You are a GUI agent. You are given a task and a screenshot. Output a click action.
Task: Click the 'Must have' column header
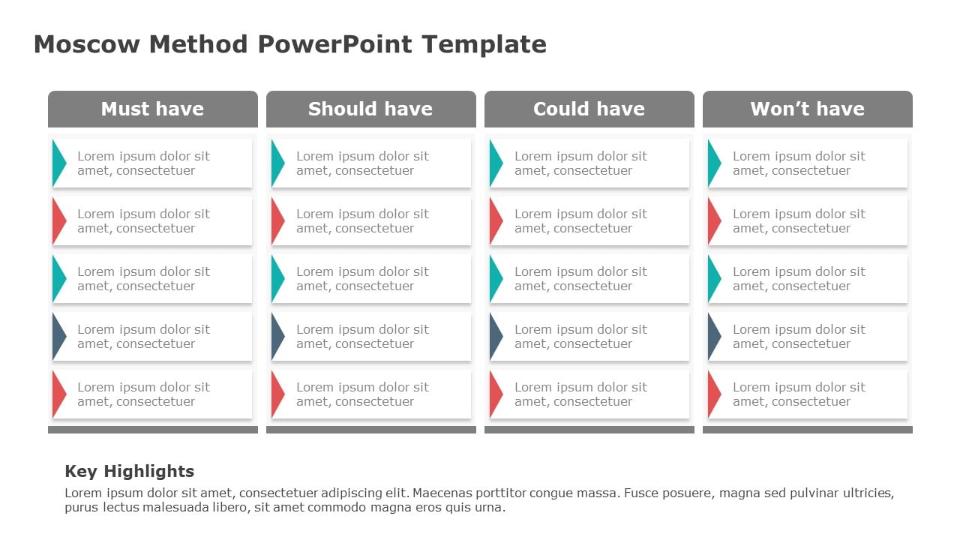coord(152,109)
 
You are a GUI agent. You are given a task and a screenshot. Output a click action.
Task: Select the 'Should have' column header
coord(370,109)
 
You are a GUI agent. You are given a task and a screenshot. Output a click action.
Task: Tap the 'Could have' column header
coord(589,109)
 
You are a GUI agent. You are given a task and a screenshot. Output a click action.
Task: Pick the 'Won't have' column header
coord(807,109)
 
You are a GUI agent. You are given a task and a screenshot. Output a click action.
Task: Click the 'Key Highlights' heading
coord(129,471)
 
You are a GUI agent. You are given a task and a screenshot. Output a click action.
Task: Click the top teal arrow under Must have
coord(58,163)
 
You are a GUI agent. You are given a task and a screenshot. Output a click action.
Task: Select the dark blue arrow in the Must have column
coord(58,336)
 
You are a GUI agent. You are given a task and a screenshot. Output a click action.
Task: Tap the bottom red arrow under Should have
coord(277,394)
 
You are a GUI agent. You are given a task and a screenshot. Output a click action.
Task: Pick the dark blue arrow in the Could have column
coord(495,336)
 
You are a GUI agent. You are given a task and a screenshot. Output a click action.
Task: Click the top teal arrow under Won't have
coord(713,163)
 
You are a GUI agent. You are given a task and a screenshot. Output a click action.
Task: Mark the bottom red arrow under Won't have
coord(713,394)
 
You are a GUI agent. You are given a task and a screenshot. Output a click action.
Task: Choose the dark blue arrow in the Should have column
coord(277,336)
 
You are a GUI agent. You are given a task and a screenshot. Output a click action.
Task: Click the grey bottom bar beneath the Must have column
coord(152,430)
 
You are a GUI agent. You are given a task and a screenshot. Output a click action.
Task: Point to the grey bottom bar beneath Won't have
coord(807,430)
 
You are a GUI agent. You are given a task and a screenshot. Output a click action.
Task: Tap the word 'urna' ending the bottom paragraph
coord(490,508)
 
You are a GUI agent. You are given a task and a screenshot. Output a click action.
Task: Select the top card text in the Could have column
coord(580,163)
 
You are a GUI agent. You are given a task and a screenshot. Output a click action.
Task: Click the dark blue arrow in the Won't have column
coord(713,336)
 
